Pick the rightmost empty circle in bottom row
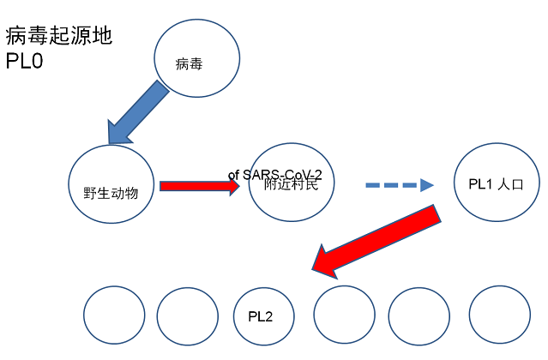(x=500, y=315)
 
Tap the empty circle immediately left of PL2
(x=188, y=315)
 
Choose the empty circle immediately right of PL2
(x=344, y=315)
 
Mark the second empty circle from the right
(x=419, y=315)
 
